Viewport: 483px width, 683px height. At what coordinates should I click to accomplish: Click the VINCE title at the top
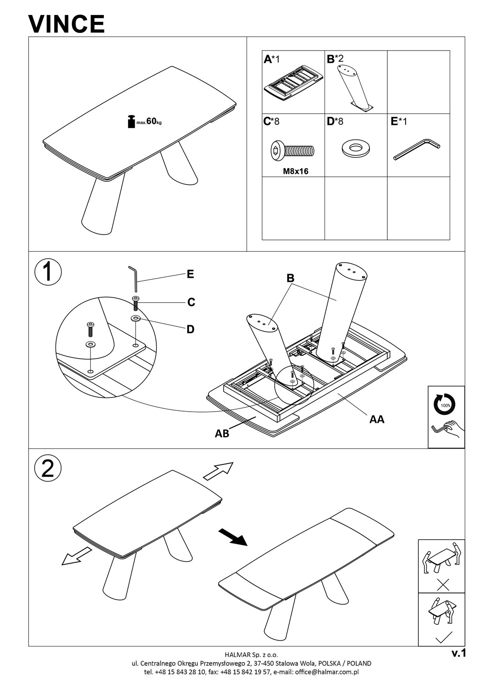(67, 24)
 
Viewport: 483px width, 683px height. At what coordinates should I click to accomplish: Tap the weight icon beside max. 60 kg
(131, 122)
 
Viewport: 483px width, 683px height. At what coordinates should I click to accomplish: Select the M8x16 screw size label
(295, 171)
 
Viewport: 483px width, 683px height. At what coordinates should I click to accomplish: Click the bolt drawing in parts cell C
(292, 150)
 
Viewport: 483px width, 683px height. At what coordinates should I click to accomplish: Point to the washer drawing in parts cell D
(355, 148)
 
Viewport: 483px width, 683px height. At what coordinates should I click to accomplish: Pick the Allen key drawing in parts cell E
(416, 149)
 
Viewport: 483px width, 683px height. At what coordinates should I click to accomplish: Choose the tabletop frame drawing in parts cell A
(293, 82)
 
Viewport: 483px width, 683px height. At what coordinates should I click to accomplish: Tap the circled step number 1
(48, 272)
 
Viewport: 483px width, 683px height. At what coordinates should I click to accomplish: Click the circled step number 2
(48, 469)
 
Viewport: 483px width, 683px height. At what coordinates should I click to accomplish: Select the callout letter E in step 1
(190, 274)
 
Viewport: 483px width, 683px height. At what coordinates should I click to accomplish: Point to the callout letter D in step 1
(190, 329)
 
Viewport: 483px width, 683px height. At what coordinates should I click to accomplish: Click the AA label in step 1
(377, 419)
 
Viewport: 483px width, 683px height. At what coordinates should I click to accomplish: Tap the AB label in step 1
(222, 433)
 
